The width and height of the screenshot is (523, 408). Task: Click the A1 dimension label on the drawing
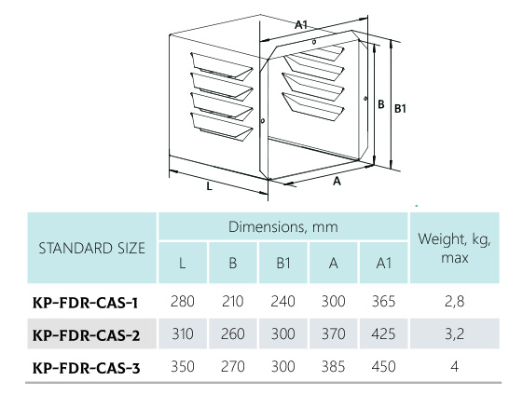301,24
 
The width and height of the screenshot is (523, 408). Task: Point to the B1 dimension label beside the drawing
400,109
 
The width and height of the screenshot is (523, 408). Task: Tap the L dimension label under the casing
209,186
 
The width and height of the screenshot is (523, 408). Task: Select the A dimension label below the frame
337,181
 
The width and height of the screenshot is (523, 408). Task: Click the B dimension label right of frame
381,104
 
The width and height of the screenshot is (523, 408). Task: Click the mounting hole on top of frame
314,42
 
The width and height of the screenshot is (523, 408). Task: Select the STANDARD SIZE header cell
91,249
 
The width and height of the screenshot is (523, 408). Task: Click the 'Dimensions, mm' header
283,227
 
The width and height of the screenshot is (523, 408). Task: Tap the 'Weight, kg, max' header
455,248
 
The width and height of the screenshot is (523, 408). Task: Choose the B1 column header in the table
283,264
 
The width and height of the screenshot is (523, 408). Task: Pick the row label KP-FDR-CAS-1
86,303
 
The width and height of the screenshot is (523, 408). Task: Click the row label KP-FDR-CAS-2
86,335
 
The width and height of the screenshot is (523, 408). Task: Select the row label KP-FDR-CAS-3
86,368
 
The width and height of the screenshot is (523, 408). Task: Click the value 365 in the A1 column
383,301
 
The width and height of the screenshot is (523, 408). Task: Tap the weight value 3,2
455,333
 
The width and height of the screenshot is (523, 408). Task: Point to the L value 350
183,367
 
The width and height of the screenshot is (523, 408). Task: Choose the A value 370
333,333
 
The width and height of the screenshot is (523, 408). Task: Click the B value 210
233,301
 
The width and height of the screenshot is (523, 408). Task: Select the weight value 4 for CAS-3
455,367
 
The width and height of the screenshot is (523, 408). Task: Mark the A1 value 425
383,333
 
